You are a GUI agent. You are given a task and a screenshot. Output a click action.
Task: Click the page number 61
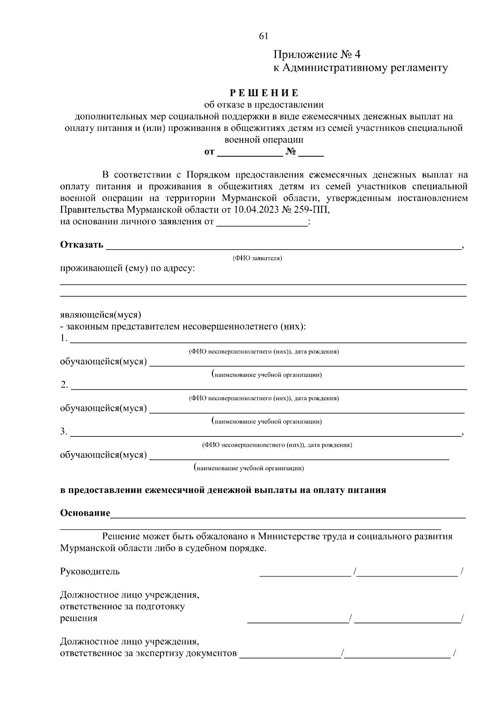tap(264, 37)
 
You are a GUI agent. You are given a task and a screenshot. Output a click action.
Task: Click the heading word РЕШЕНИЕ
tap(264, 93)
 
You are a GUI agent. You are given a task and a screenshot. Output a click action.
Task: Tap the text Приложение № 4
tap(317, 55)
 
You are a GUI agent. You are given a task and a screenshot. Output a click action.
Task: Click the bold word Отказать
tap(81, 245)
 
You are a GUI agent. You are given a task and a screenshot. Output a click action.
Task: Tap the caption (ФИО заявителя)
tap(257, 258)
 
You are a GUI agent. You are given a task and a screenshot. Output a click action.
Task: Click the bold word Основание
tap(85, 513)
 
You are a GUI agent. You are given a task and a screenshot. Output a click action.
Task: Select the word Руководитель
tap(90, 571)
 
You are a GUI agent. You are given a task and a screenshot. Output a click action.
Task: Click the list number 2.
tap(64, 385)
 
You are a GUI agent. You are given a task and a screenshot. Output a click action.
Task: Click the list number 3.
tap(64, 431)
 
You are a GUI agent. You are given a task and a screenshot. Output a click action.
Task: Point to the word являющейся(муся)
tap(101, 315)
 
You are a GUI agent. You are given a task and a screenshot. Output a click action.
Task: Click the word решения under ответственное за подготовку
tap(79, 618)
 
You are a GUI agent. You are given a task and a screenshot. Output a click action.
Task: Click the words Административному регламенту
tap(365, 68)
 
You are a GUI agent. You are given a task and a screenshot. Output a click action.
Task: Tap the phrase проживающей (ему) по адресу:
tap(127, 269)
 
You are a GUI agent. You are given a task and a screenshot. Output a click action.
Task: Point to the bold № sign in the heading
tap(291, 152)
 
